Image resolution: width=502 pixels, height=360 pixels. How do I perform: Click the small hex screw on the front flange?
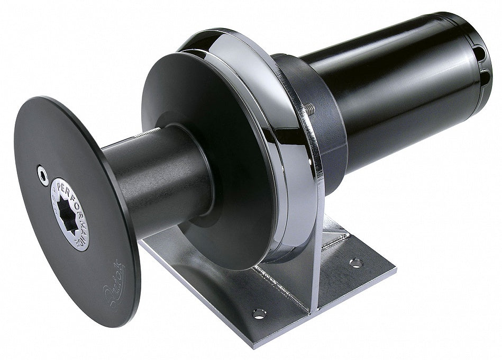43,175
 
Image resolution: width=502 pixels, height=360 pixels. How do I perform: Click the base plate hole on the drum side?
259,313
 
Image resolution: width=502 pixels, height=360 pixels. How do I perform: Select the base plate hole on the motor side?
356,263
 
